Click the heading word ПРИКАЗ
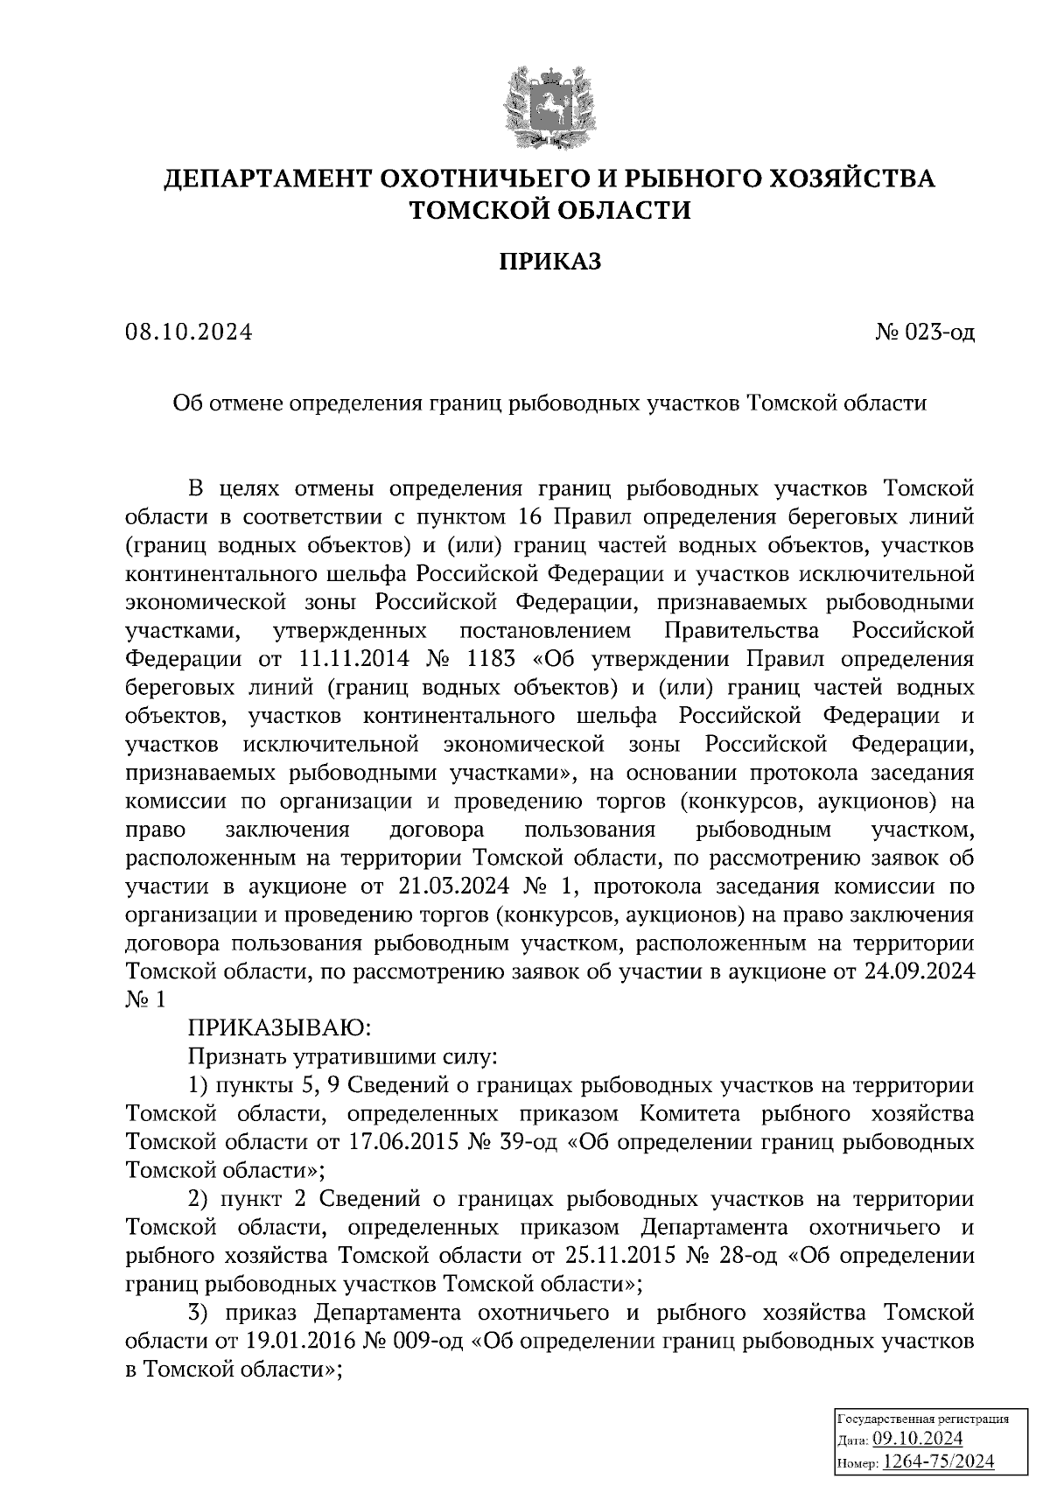coord(550,262)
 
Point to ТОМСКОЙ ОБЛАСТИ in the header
coord(550,210)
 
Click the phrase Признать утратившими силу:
coord(343,1056)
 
